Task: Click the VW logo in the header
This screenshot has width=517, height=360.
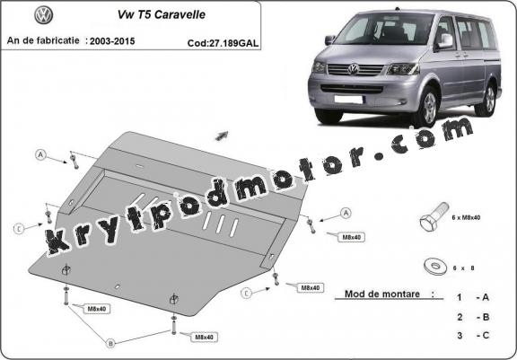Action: coord(43,15)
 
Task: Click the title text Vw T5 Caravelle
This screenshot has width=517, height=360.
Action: coord(162,14)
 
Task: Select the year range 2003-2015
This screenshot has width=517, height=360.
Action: coord(112,41)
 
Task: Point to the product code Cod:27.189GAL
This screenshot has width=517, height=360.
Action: coord(223,43)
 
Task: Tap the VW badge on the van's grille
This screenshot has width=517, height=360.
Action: coord(353,69)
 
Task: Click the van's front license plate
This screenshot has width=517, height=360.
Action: coord(348,99)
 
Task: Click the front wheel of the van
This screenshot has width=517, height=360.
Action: coord(429,107)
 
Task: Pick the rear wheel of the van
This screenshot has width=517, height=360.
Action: coord(487,100)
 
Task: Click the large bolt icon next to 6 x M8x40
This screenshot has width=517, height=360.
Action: coord(434,216)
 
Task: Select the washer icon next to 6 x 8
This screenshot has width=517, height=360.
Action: coord(435,266)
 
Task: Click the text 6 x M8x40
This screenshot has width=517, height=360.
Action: coord(466,217)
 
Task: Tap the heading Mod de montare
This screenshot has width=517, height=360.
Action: coord(382,294)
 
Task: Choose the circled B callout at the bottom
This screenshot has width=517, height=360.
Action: coord(110,344)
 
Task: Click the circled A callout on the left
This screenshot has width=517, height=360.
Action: coord(40,154)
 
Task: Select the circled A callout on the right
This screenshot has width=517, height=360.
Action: coord(346,213)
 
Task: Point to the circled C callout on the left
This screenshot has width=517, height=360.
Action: coord(19,228)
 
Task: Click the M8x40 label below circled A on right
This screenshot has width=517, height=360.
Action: coord(351,237)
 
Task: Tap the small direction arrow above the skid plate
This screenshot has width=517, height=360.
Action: coord(222,136)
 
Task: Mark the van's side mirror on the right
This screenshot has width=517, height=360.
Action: coord(444,41)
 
